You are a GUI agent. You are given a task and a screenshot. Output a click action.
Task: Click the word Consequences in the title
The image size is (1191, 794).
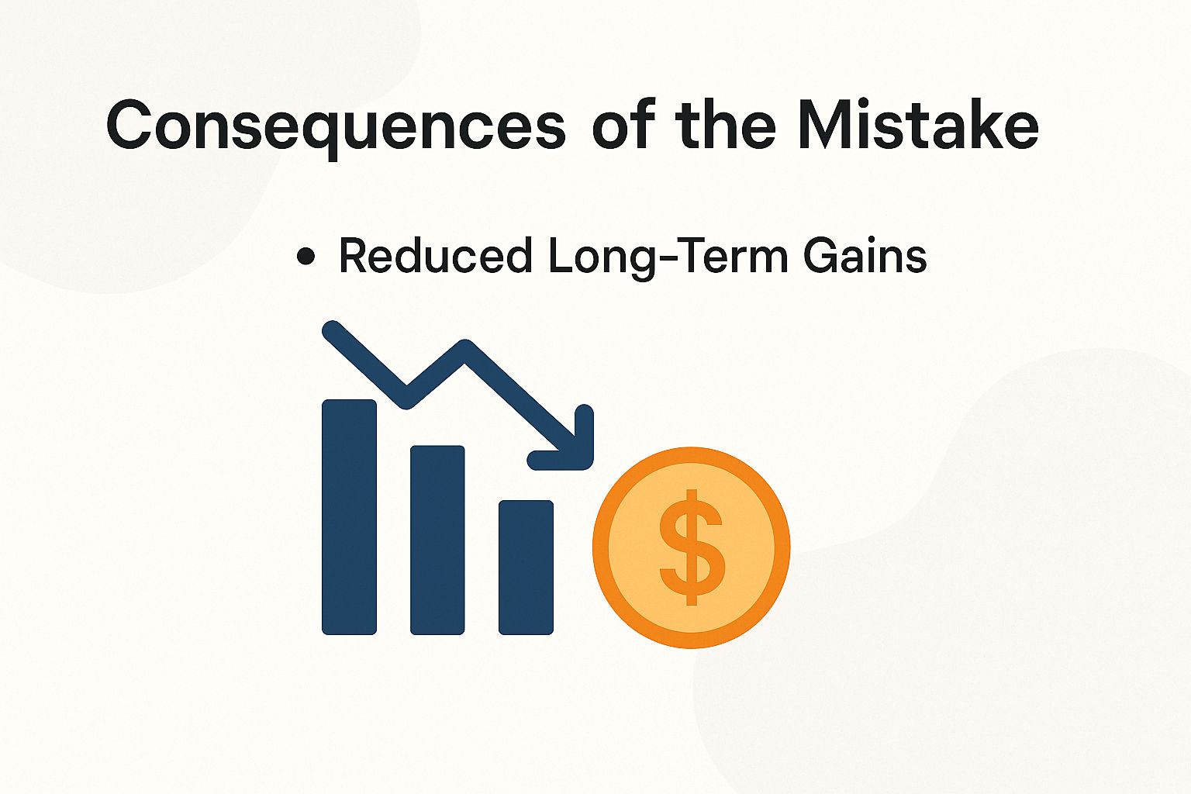click(336, 126)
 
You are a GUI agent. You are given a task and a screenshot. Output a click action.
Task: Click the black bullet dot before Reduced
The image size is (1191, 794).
click(306, 257)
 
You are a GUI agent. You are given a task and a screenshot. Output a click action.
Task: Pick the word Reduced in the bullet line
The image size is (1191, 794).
click(435, 256)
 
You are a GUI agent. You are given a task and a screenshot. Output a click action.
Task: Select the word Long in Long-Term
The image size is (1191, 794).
click(593, 257)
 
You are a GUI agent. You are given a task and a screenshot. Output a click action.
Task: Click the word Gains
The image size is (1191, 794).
click(865, 256)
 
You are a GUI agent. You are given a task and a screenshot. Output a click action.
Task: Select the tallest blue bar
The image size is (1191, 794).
click(349, 516)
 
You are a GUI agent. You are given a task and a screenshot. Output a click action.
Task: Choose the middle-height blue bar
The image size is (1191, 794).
click(437, 540)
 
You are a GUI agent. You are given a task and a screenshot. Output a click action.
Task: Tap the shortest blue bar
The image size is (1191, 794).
click(526, 567)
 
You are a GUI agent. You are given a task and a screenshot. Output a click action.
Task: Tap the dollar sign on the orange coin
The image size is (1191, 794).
click(692, 547)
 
